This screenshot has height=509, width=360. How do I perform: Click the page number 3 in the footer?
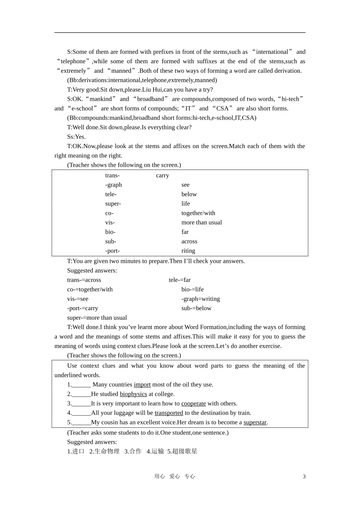pos(304,476)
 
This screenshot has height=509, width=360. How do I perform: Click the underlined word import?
pos(142,385)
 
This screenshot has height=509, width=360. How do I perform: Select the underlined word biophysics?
pos(133,394)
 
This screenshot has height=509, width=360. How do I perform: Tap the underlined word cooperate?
pos(193,404)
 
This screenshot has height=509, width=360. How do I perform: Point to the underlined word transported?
pos(169,413)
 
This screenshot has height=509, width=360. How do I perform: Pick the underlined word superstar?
pos(255,423)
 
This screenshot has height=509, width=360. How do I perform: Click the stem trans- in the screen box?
pos(112,175)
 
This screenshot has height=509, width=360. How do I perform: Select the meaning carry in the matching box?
pos(163,175)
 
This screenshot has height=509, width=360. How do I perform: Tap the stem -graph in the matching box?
pos(113,185)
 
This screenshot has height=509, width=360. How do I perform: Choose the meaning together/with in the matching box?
pos(198,213)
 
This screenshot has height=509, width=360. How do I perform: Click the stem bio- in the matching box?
pos(110,232)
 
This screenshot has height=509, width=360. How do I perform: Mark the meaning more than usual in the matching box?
pos(202,223)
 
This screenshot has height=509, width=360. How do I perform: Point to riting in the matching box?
pos(188,251)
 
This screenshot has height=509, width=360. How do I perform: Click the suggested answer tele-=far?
pos(180,280)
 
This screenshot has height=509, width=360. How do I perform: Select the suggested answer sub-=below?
pos(196,308)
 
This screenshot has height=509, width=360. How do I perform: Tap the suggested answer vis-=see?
pos(78,299)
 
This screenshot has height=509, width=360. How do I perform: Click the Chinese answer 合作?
pos(135,451)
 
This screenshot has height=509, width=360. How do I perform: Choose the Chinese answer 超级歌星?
pos(185,451)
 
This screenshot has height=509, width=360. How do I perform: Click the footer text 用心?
pos(160,476)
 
